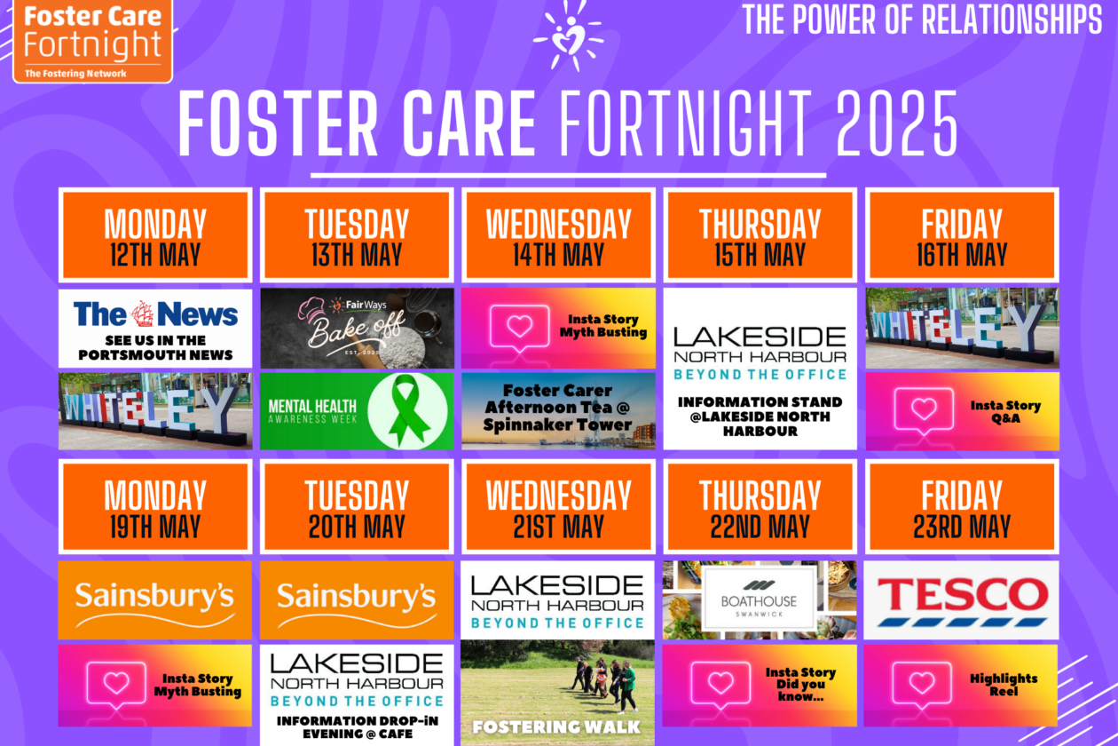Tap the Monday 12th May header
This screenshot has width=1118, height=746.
(x=155, y=235)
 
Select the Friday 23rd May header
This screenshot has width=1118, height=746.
(x=962, y=507)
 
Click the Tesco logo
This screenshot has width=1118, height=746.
(x=961, y=600)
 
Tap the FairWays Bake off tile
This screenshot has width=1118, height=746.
(x=357, y=329)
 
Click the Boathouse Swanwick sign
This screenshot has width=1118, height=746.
(x=760, y=599)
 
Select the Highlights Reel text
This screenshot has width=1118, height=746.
(x=1004, y=685)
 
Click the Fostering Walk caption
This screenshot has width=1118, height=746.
(x=556, y=727)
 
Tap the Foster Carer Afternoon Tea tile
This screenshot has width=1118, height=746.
(x=558, y=410)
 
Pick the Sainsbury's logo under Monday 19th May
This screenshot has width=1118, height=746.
(x=154, y=600)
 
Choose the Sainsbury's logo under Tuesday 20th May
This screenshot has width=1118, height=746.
(x=357, y=600)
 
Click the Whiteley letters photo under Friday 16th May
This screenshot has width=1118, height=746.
(x=962, y=329)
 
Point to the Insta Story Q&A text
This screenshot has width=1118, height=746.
(x=1005, y=412)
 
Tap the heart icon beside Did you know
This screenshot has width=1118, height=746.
(x=720, y=684)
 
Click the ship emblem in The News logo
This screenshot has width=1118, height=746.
(x=142, y=313)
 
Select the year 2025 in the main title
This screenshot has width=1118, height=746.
(x=897, y=124)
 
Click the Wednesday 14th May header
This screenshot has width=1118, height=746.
(x=558, y=235)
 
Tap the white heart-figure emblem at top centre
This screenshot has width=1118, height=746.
(x=569, y=36)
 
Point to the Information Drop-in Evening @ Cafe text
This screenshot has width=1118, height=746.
(x=358, y=727)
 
